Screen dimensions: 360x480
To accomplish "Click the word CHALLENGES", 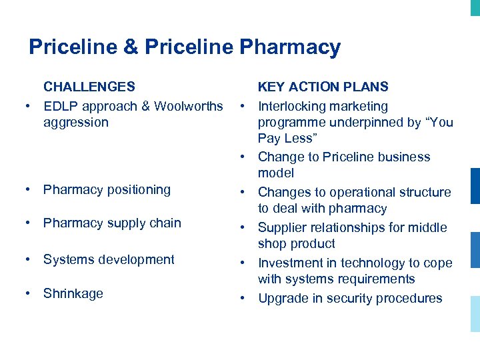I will pyautogui.click(x=89, y=87).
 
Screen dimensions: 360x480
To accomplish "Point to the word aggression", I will pyautogui.click(x=75, y=123).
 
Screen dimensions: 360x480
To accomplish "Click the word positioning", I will pyautogui.click(x=137, y=190).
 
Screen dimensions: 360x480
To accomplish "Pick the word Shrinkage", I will pyautogui.click(x=73, y=293).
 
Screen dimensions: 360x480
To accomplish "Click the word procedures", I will pyautogui.click(x=409, y=298).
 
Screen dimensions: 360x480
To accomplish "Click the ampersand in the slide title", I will pyautogui.click(x=129, y=47).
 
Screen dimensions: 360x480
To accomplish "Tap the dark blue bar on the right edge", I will pyautogui.click(x=475, y=186).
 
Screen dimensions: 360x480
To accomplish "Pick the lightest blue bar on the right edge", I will pyautogui.click(x=475, y=311).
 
